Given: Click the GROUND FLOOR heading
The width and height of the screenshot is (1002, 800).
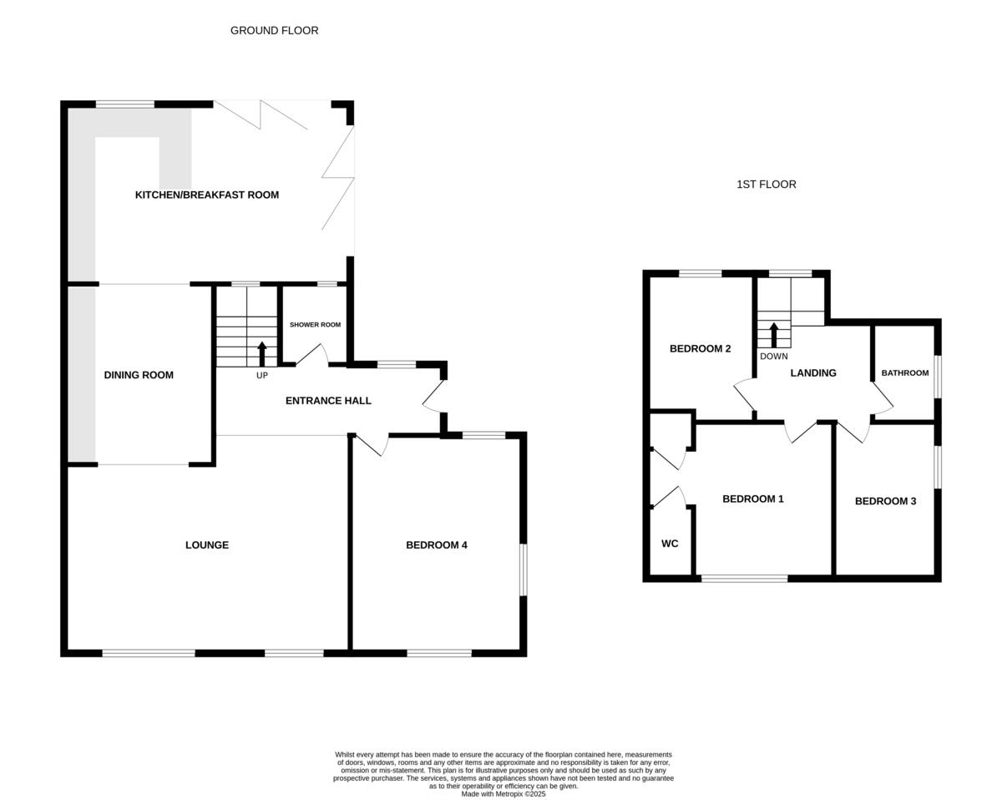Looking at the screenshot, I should click(274, 31).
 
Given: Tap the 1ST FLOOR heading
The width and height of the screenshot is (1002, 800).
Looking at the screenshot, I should click(766, 185).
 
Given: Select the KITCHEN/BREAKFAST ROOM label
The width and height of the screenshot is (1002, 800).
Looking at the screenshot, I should click(207, 195).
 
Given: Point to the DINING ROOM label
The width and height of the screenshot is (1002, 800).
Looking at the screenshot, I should click(139, 375).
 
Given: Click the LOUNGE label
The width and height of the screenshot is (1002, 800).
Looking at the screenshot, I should click(207, 545).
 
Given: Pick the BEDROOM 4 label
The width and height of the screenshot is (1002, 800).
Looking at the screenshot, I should click(437, 545).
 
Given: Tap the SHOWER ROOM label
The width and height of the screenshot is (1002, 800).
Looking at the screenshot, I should click(315, 325).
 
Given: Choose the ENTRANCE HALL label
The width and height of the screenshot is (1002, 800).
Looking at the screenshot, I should click(328, 401).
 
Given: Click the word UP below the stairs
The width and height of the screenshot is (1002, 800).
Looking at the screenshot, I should click(262, 376).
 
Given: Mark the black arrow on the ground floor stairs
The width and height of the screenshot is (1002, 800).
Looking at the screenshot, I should click(262, 353).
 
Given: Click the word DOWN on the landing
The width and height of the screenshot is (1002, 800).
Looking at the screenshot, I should click(774, 357).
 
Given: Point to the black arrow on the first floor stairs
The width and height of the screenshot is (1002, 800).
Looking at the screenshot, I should click(774, 334).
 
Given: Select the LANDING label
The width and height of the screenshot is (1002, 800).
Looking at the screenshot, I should click(813, 373).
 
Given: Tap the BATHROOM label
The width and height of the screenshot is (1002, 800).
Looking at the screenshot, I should click(905, 373).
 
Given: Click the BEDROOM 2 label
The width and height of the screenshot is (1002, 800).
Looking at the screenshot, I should click(701, 349).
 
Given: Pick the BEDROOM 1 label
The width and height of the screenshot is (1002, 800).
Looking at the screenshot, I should click(753, 499).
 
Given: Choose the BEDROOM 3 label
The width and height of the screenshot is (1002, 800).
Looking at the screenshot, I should click(885, 502).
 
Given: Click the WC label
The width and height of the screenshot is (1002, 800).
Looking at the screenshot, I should click(670, 544).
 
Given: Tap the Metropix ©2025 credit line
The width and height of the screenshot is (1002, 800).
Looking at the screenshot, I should click(504, 794).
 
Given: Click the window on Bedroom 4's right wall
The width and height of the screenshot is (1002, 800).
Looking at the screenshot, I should click(524, 570).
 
